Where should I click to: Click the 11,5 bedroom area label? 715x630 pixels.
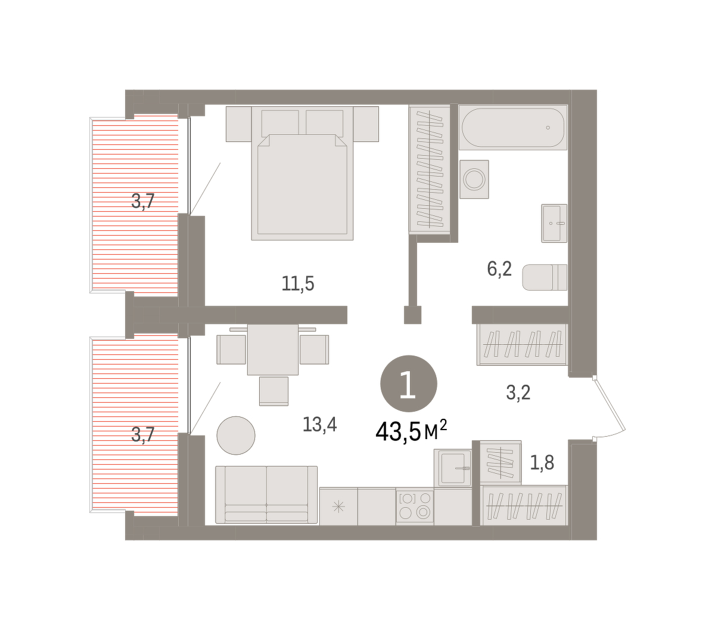click(x=297, y=284)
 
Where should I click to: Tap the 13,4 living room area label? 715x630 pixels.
click(x=319, y=424)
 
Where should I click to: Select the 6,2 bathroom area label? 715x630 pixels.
click(x=499, y=269)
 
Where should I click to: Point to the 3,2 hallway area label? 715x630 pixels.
click(x=518, y=393)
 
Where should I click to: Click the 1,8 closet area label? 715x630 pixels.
click(x=542, y=463)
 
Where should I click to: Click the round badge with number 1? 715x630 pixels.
click(x=409, y=384)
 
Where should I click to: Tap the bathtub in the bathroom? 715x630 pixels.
click(x=513, y=127)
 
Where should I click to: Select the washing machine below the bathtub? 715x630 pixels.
click(x=474, y=179)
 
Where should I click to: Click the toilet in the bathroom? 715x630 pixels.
click(x=545, y=277)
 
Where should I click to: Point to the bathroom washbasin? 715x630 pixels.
click(x=554, y=223)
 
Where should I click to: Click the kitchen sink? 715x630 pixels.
click(x=453, y=468)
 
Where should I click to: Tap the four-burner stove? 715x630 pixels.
click(x=415, y=506)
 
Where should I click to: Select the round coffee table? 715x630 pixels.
click(x=236, y=436)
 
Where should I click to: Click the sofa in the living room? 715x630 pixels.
click(x=266, y=495)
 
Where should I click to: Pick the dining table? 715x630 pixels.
click(x=272, y=350)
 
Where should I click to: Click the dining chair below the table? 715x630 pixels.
click(x=273, y=391)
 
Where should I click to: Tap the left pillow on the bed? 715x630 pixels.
click(x=280, y=123)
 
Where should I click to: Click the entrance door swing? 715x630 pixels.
click(x=610, y=407)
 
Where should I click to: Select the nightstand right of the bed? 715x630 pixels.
click(x=366, y=124)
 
